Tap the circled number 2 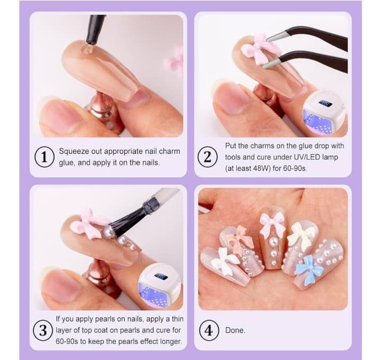[x=207, y=157]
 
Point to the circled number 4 [x=207, y=331]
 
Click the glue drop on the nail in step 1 [x=86, y=49]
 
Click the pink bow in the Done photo [x=272, y=223]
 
